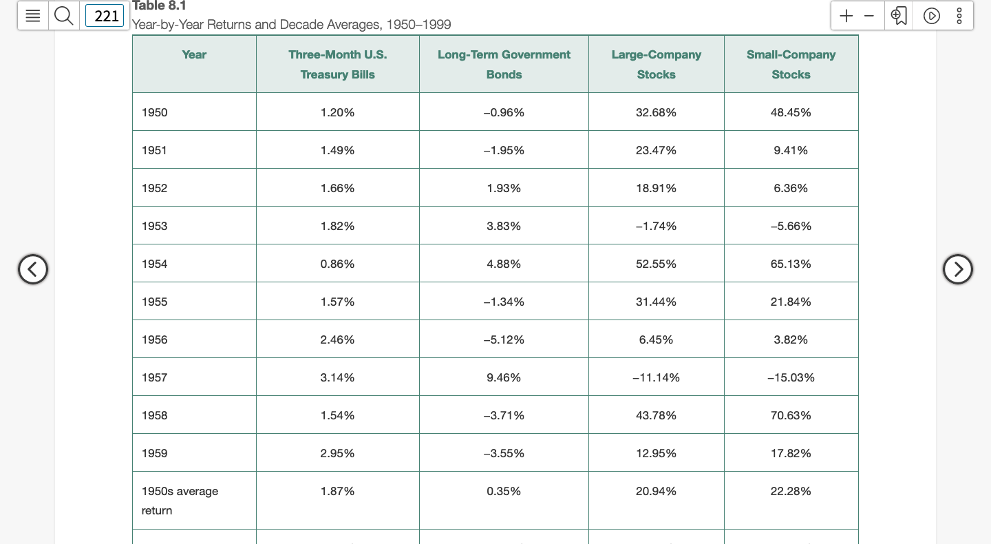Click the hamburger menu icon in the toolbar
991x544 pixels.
(32, 15)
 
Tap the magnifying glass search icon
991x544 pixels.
(63, 15)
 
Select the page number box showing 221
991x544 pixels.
(106, 15)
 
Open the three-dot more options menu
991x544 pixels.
(959, 15)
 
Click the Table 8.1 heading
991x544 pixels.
(159, 6)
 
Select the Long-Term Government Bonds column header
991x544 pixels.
(504, 64)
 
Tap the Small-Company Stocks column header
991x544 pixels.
(791, 64)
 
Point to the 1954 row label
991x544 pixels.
(155, 264)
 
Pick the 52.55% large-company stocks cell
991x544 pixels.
(656, 264)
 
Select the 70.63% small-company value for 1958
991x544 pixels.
(791, 415)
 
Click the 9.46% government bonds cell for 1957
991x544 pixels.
(504, 377)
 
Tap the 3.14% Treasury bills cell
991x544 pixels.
(337, 377)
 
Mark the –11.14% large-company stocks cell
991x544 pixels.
(656, 377)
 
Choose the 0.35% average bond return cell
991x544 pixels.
(504, 491)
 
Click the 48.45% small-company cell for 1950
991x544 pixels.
(791, 112)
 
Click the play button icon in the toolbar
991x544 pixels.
(931, 15)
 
